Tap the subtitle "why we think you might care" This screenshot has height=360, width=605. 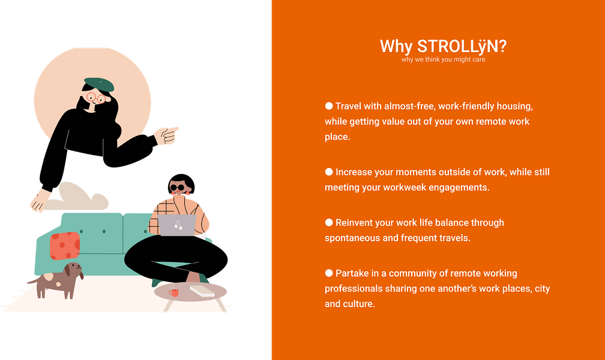pyautogui.click(x=443, y=60)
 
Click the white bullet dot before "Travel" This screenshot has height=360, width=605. pyautogui.click(x=329, y=106)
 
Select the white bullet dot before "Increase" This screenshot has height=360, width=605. pyautogui.click(x=329, y=172)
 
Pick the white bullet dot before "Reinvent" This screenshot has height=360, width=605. pyautogui.click(x=329, y=222)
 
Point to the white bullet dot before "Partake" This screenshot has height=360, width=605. pyautogui.click(x=329, y=273)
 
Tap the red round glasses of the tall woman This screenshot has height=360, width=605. pyautogui.click(x=95, y=98)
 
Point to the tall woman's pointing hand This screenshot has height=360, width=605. pyautogui.click(x=167, y=135)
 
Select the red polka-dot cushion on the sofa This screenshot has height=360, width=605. pyautogui.click(x=65, y=245)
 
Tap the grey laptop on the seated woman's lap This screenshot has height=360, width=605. pyautogui.click(x=177, y=225)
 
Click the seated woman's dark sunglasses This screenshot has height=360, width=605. pyautogui.click(x=178, y=188)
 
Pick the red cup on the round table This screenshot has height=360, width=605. pyautogui.click(x=175, y=292)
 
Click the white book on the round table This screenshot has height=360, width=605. pyautogui.click(x=202, y=291)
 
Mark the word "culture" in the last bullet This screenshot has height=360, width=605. pyautogui.click(x=359, y=304)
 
